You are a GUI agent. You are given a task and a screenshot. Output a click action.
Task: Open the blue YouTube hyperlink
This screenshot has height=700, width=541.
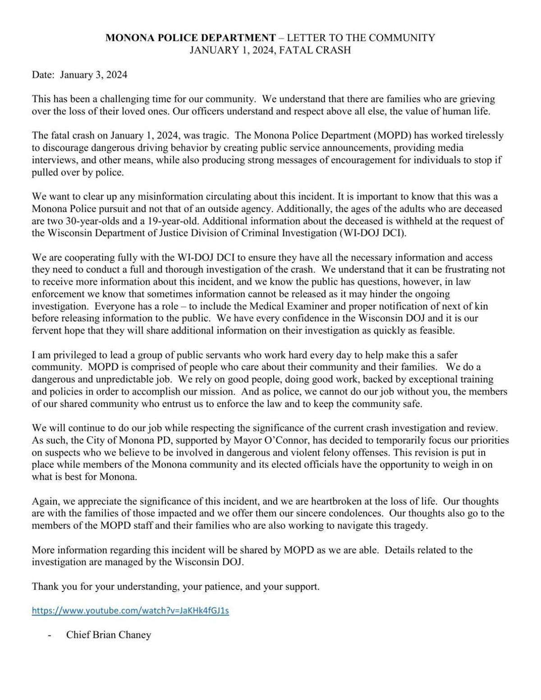click(130, 611)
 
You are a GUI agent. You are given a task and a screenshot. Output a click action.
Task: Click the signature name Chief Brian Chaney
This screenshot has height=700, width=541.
click(109, 635)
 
